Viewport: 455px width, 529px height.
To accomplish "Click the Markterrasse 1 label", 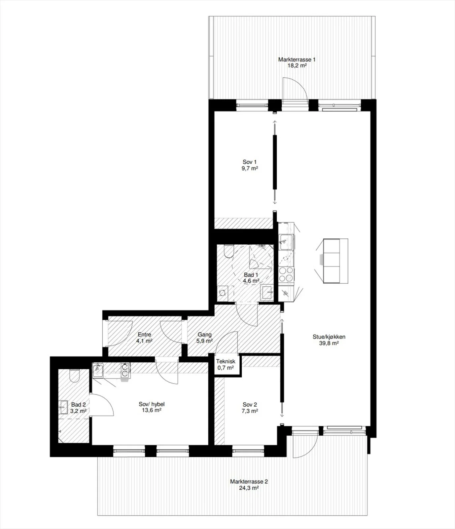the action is (297, 60).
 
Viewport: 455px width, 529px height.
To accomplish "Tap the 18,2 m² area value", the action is (297, 65).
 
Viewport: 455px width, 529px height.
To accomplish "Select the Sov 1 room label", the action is (250, 162).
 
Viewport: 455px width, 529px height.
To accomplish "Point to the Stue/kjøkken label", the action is (329, 337).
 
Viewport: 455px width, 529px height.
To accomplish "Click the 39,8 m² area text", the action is (329, 343).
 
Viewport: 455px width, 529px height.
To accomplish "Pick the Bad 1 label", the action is (251, 275).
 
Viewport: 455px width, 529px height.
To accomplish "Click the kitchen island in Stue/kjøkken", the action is (335, 261).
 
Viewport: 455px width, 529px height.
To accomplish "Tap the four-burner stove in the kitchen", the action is (286, 274).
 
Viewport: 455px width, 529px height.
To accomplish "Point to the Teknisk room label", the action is (226, 361).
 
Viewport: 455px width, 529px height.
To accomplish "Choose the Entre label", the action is (144, 335).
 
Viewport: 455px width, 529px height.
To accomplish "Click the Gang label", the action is (205, 335).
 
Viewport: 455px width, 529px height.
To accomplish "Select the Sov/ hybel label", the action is (152, 404).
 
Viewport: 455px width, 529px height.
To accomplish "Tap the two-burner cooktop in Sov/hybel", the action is (125, 370).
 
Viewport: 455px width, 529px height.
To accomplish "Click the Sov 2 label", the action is (250, 405).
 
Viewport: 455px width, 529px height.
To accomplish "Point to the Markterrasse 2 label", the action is (249, 481).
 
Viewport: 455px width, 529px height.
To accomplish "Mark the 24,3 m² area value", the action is (249, 488).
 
